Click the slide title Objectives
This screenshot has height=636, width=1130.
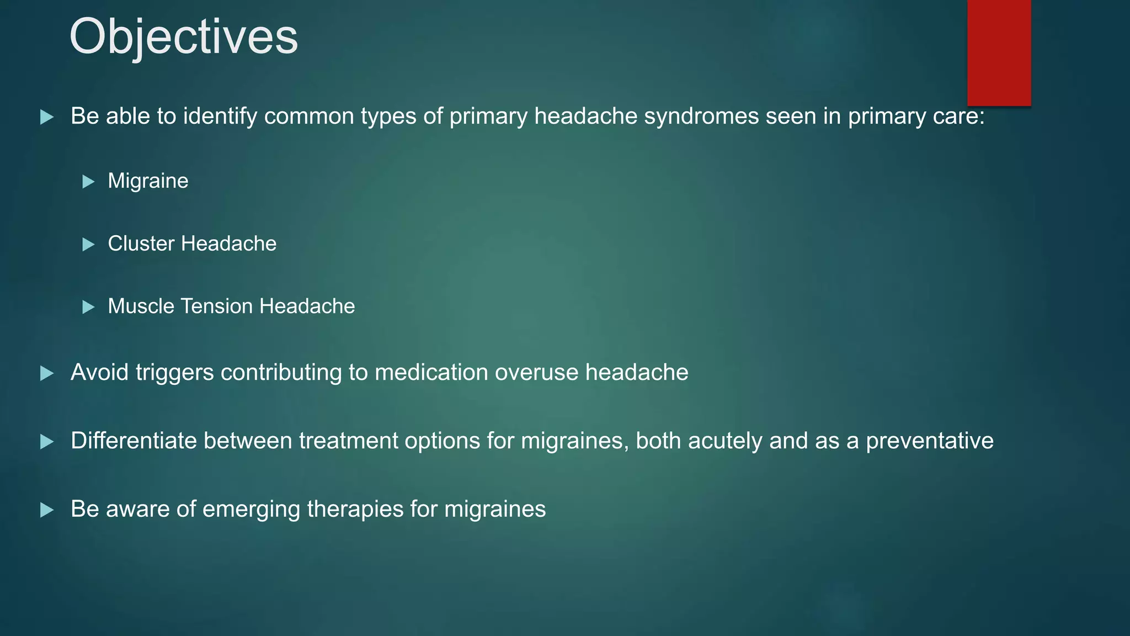point(183,36)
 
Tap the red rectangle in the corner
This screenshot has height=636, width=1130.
point(999,52)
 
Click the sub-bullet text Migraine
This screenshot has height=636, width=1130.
point(148,181)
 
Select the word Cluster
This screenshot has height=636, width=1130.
point(141,243)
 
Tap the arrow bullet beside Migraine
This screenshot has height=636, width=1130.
point(88,182)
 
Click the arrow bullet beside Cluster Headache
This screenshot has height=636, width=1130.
point(88,244)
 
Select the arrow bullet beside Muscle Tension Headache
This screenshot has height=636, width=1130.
point(88,307)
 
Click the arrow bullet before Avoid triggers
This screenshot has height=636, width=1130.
point(47,374)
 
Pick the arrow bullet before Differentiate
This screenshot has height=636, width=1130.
point(47,442)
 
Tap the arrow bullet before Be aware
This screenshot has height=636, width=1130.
point(47,510)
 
